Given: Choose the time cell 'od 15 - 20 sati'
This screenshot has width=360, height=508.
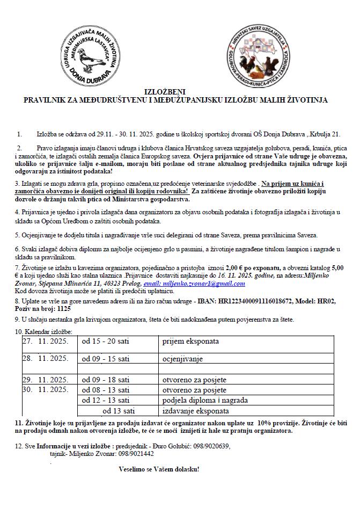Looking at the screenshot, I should (106, 341).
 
